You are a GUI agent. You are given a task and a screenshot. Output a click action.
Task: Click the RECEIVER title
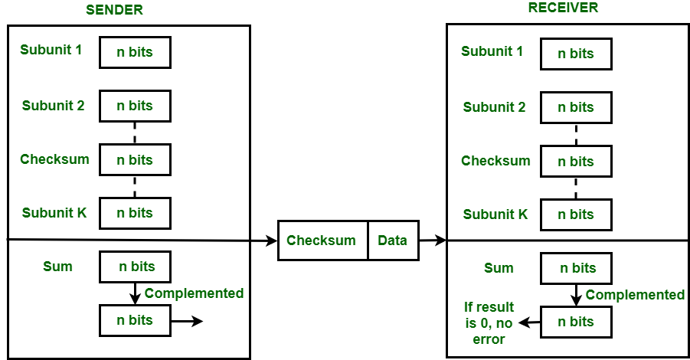[x=563, y=8]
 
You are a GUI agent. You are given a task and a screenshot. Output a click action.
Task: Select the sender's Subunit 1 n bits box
[x=135, y=53]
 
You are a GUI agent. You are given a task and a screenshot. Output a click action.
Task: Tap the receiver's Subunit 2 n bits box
[x=576, y=107]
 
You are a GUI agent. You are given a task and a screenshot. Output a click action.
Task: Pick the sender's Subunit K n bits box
[x=135, y=213]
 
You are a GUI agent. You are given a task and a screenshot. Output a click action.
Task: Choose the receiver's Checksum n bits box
[x=576, y=162]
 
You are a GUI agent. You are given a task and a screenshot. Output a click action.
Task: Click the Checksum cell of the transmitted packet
[x=322, y=241]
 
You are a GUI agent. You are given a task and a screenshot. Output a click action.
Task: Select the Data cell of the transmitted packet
[x=394, y=241]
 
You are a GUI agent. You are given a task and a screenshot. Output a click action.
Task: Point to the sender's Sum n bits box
[x=135, y=267]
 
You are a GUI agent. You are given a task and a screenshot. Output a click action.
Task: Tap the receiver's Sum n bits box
[x=576, y=268]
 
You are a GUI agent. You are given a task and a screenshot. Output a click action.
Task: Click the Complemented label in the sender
[x=194, y=293]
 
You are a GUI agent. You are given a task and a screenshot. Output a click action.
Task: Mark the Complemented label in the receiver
[x=635, y=295]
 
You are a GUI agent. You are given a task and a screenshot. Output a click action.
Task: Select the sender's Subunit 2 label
[x=54, y=106]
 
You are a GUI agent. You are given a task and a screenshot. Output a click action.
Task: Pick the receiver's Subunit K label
[x=495, y=214]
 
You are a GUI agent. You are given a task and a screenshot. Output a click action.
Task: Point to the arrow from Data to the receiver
[x=433, y=241]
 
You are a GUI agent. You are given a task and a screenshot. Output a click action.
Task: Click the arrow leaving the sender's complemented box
[x=187, y=321]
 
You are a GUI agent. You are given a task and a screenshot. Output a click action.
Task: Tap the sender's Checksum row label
[x=54, y=159]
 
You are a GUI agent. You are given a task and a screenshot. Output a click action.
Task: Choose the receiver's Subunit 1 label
[x=492, y=52]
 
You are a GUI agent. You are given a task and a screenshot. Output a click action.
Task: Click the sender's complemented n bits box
[x=135, y=320]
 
